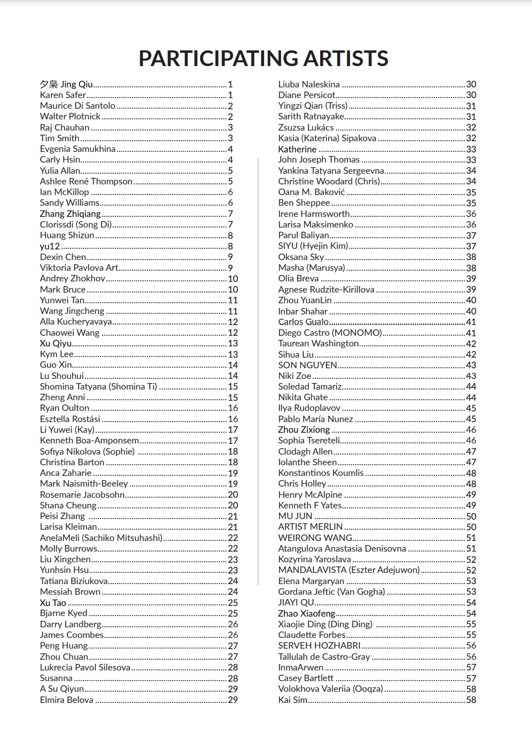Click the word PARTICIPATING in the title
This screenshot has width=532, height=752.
[x=210, y=59]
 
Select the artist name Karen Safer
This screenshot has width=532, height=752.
[x=63, y=95]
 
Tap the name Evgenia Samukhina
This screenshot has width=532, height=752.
[x=78, y=149]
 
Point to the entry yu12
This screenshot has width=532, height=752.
[x=50, y=246]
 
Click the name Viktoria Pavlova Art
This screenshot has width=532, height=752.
[x=79, y=268]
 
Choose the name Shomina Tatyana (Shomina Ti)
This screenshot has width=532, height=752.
[x=99, y=386]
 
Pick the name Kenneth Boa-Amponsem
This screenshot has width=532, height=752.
[x=89, y=441]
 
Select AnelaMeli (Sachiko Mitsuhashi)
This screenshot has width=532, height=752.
[x=101, y=538]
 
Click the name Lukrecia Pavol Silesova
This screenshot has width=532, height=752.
[x=85, y=667]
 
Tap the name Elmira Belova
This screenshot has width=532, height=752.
[x=67, y=700]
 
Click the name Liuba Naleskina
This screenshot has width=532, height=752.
[x=309, y=84]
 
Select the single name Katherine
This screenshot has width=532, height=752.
[x=297, y=149]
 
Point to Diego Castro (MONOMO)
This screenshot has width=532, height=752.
[x=330, y=333]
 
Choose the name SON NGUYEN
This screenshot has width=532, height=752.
[x=307, y=365]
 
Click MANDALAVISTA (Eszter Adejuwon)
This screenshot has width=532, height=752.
[x=349, y=570]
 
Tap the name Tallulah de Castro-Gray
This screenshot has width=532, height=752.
[x=324, y=657]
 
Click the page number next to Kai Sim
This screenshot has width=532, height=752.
[x=471, y=700]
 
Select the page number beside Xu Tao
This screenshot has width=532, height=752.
[x=233, y=603]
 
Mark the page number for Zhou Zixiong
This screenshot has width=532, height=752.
[x=471, y=430]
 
